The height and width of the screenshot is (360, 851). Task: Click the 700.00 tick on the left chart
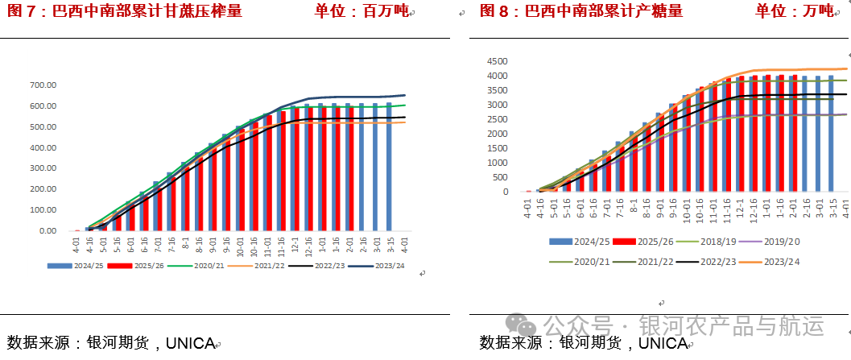click(42, 85)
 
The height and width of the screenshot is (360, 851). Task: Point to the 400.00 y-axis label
click(42, 147)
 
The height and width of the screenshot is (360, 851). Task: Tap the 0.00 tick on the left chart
click(45, 231)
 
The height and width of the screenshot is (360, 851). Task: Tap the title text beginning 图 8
click(580, 11)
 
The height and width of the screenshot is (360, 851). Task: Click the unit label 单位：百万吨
click(361, 11)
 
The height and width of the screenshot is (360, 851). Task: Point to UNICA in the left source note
click(190, 344)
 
